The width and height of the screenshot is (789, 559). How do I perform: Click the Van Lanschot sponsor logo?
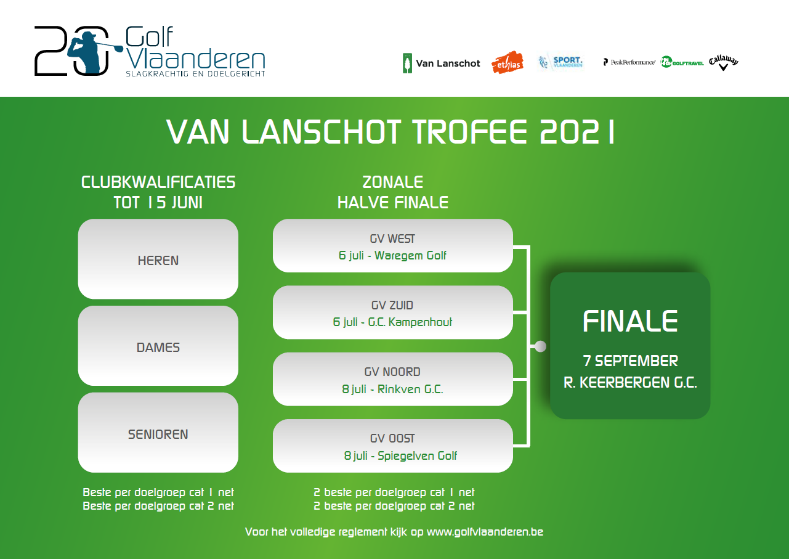(x=441, y=63)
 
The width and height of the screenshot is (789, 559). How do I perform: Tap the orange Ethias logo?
(x=508, y=63)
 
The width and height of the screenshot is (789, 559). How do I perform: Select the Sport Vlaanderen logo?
(x=560, y=62)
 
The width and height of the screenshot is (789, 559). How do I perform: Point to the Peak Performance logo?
(x=629, y=62)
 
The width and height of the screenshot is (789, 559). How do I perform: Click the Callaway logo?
(x=724, y=62)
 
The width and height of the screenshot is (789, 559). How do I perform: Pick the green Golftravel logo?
(x=682, y=62)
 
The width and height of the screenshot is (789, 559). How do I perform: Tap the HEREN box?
(x=158, y=259)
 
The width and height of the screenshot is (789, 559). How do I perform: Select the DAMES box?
(x=158, y=346)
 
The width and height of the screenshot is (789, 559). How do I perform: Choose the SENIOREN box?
(x=158, y=433)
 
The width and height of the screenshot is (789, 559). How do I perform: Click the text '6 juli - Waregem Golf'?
(x=392, y=255)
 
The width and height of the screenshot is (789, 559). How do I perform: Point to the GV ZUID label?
(x=392, y=305)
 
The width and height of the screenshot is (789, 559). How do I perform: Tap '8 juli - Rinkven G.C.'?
(x=392, y=389)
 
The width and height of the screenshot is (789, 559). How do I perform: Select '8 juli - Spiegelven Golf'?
(x=400, y=455)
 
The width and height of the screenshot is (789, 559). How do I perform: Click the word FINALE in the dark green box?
(x=630, y=321)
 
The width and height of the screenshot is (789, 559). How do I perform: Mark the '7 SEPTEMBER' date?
(x=630, y=361)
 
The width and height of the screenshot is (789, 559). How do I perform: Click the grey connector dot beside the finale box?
(x=540, y=346)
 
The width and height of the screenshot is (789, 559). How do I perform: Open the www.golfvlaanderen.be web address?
(x=485, y=532)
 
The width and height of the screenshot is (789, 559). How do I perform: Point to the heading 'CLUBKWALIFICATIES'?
(x=158, y=182)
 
